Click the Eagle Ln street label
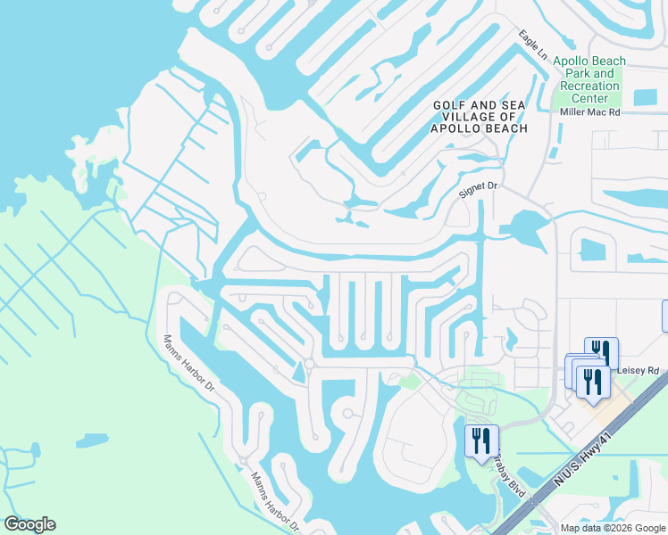532,45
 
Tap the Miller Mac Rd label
589,111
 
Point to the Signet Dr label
476,188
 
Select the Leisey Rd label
636,369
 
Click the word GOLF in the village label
449,105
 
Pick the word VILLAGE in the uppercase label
477,117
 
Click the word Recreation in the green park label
589,86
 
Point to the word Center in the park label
589,98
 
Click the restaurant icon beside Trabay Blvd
481,439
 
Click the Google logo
29,524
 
